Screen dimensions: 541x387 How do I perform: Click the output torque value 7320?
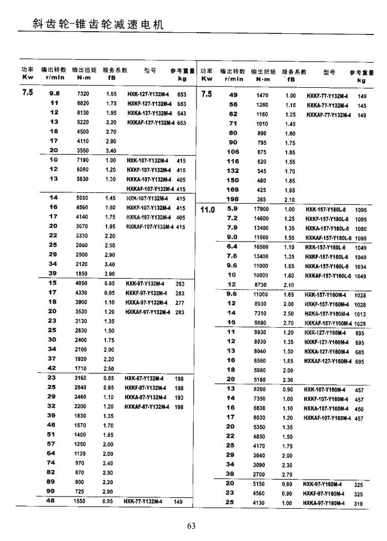(x=83, y=94)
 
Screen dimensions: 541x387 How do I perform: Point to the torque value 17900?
(x=261, y=209)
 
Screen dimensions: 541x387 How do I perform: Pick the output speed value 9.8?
(x=54, y=94)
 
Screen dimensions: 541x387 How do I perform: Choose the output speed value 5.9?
(x=232, y=209)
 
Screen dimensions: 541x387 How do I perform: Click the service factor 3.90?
(x=110, y=274)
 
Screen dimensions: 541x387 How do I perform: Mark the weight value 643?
(x=182, y=113)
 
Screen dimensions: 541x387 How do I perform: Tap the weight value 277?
(x=180, y=303)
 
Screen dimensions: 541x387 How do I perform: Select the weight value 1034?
(x=361, y=267)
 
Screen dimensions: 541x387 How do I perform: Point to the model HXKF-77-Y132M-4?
(x=327, y=96)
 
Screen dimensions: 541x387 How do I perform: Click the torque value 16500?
(x=261, y=246)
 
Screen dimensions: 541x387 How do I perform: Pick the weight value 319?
(x=358, y=503)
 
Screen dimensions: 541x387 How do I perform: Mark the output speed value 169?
(x=233, y=190)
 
